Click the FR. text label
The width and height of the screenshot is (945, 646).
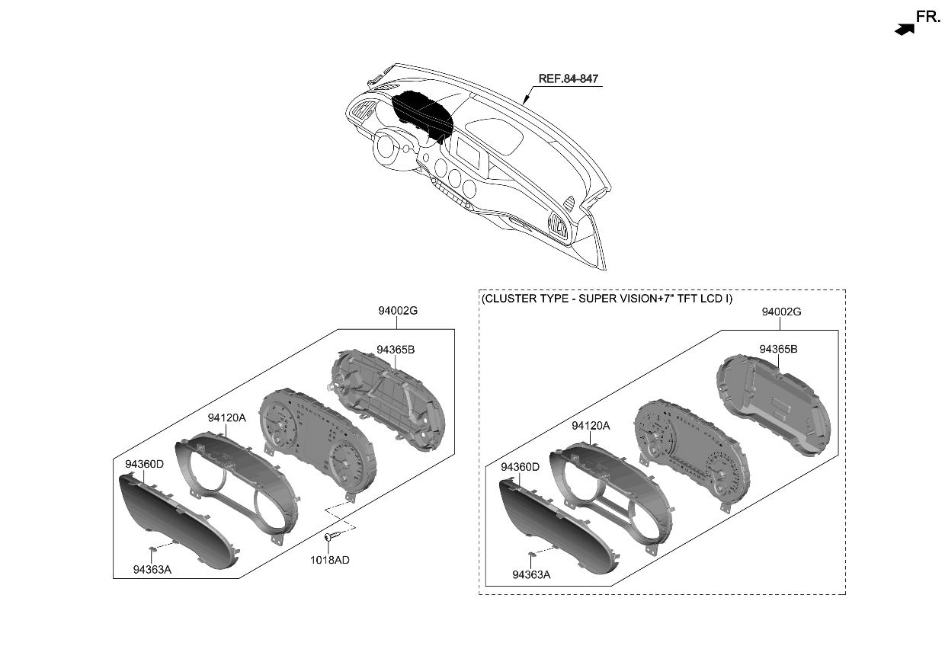coord(928,17)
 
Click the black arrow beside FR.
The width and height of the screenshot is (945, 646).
coord(904,30)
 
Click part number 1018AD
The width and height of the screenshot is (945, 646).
coord(331,560)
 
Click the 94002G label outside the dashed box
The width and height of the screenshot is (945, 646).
coord(398,311)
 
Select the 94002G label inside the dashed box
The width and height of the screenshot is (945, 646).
coord(781,312)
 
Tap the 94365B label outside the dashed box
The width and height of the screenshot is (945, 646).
coord(395,349)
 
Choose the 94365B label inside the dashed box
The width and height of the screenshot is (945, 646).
coord(778,349)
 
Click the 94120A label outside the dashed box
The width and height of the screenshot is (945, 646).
coord(227,417)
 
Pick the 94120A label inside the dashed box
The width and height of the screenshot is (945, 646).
coord(591,426)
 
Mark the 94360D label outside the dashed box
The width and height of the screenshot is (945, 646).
coord(144,463)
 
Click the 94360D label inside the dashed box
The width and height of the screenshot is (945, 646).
coord(521,466)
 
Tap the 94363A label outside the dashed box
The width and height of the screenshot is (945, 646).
coord(152,569)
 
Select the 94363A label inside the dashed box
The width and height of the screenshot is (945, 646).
coord(531,574)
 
